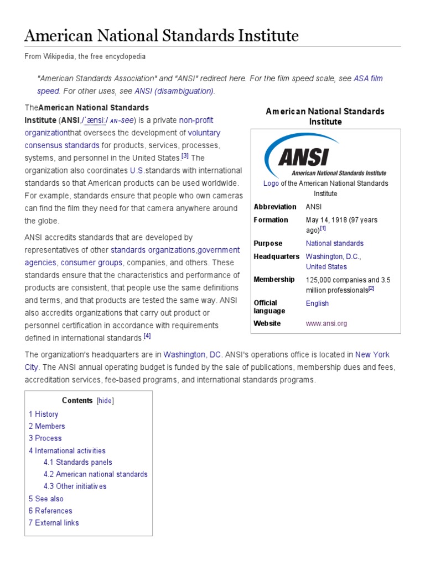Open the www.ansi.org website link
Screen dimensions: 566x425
[326, 323]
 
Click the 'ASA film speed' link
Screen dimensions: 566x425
[368, 78]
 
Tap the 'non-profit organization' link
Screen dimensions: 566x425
[196, 120]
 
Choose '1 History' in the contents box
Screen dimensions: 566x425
[44, 414]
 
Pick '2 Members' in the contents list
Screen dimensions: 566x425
[47, 426]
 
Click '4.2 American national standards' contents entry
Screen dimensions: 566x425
[96, 474]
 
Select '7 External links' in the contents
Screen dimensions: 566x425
[54, 522]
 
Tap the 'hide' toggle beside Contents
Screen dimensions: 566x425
[105, 401]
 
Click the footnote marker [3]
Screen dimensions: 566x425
[185, 156]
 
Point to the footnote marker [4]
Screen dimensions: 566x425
[147, 336]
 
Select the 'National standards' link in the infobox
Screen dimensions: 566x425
[334, 243]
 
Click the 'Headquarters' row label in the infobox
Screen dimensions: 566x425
[276, 256]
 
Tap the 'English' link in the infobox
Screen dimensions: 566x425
[317, 303]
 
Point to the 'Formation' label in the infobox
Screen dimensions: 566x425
[271, 220]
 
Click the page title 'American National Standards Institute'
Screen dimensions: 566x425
[162, 36]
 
